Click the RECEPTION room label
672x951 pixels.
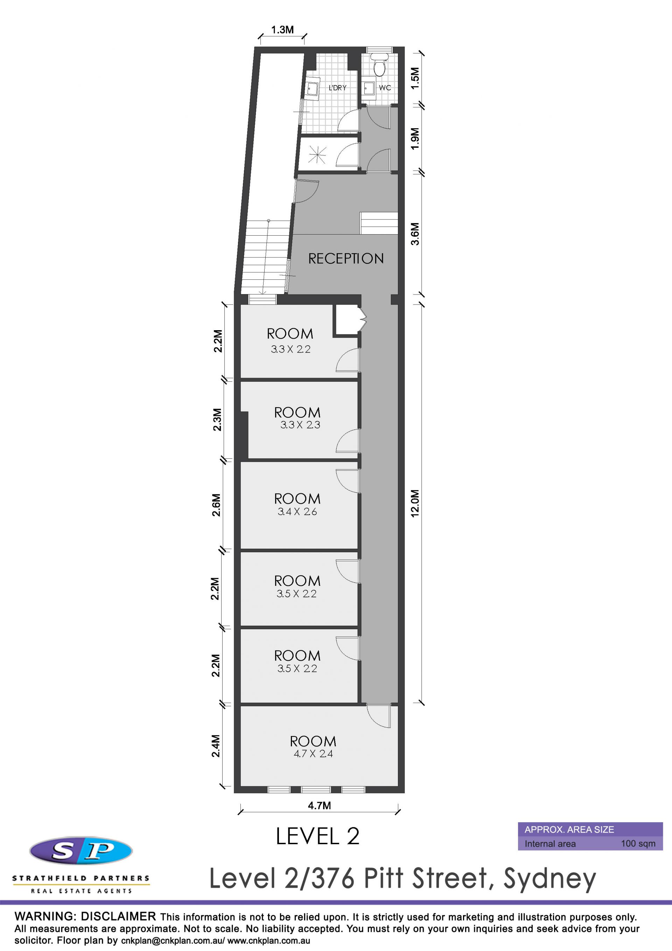click(x=346, y=258)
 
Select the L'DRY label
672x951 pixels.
click(x=337, y=88)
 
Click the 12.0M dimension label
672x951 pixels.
click(x=415, y=503)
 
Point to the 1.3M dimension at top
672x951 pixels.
click(x=282, y=30)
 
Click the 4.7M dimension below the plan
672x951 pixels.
click(x=319, y=805)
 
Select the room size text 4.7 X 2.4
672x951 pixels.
click(x=313, y=754)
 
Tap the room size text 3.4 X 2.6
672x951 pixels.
click(x=297, y=512)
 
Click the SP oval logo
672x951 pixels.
click(x=81, y=851)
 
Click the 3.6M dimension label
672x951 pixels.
click(x=415, y=234)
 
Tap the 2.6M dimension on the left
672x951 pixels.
click(x=217, y=505)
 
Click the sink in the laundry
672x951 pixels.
click(x=312, y=88)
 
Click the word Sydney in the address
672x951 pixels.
click(x=549, y=879)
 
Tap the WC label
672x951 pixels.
click(x=385, y=88)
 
